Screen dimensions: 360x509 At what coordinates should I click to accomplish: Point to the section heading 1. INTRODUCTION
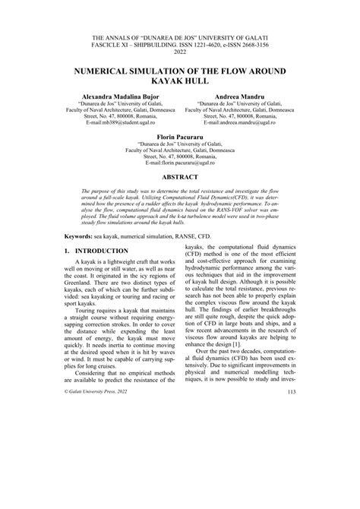point(101,271)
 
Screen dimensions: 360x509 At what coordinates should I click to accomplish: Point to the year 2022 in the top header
point(180,52)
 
